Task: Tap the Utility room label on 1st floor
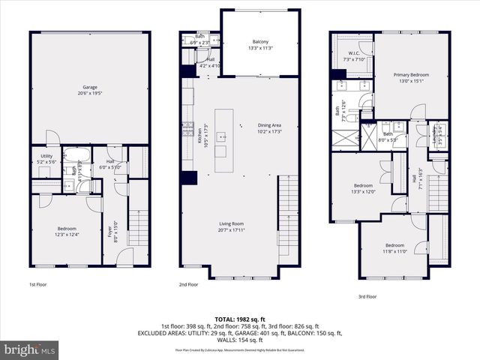[46, 160]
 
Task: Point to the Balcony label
[260, 44]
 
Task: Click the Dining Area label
[269, 128]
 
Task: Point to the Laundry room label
[435, 136]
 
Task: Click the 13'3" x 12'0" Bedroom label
[364, 187]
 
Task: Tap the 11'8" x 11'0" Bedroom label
[394, 248]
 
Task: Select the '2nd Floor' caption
[188, 285]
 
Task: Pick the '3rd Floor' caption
[367, 297]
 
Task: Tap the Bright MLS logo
[30, 349]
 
